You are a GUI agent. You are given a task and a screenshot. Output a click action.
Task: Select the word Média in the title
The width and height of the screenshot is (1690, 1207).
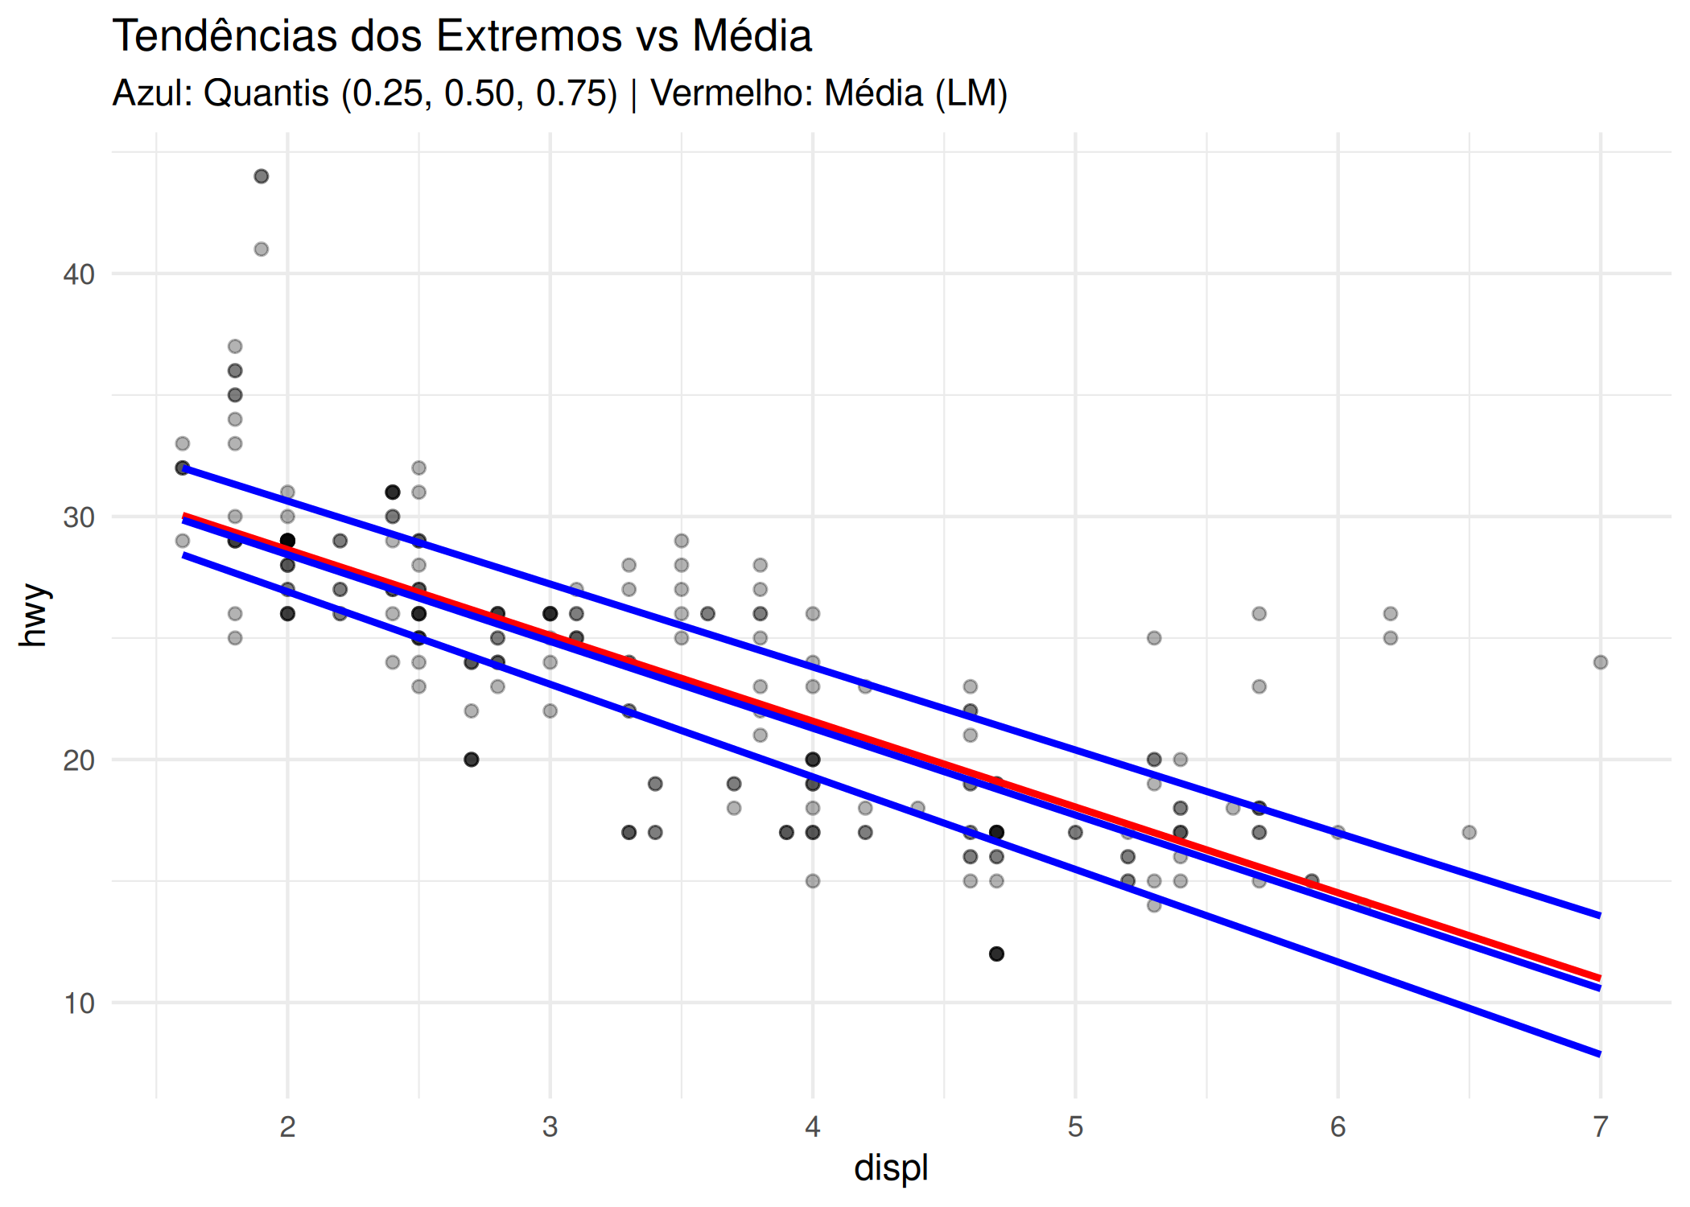click(752, 36)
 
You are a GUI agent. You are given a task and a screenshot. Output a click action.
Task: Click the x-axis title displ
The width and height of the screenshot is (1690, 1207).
click(891, 1168)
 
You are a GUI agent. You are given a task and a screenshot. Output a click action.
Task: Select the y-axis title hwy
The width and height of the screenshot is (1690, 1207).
click(35, 616)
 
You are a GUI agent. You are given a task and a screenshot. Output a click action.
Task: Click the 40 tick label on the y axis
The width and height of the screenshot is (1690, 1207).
click(79, 274)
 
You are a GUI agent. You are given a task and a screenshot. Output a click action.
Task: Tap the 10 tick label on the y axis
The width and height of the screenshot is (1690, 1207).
click(79, 1003)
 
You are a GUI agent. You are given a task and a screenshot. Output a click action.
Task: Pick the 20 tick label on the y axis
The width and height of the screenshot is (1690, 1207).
click(79, 760)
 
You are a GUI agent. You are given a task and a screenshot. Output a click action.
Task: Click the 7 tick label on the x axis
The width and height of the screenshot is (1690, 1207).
click(1600, 1127)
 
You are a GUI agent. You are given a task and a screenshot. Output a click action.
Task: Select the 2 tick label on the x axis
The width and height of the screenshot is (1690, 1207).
click(287, 1127)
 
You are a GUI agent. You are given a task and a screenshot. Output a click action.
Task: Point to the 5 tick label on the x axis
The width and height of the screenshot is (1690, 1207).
click(1075, 1127)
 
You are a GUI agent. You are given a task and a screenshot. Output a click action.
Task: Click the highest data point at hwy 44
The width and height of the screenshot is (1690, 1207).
click(262, 176)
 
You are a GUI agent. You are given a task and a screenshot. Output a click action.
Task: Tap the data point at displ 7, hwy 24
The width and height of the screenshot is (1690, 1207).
click(1601, 662)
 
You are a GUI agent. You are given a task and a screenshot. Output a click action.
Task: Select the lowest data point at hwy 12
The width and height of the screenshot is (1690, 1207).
click(996, 954)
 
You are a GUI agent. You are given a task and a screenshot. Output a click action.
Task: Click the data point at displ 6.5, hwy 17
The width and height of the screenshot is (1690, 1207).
click(1469, 832)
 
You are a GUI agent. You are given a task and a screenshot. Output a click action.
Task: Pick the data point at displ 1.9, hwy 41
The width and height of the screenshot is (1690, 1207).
click(262, 249)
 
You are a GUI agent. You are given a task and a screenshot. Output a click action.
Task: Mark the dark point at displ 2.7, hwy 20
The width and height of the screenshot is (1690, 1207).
click(472, 760)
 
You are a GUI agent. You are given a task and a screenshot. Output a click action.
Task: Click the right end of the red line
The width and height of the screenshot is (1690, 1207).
click(1599, 978)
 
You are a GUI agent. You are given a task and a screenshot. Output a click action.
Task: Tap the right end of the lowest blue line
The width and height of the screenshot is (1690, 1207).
click(1599, 1053)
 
